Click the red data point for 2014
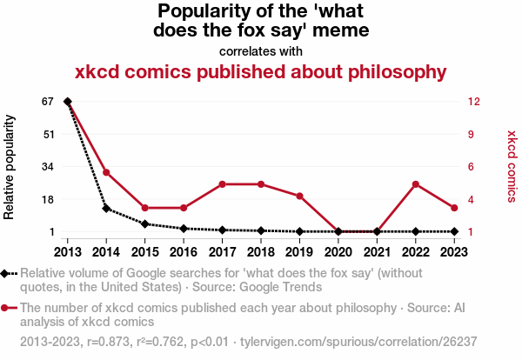pyautogui.click(x=106, y=172)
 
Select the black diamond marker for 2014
pyautogui.click(x=106, y=209)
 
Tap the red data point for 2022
pyautogui.click(x=416, y=184)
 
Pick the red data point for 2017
pyautogui.click(x=223, y=184)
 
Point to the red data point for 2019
pyautogui.click(x=300, y=197)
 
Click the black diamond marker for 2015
pyautogui.click(x=145, y=224)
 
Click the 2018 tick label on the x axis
pyautogui.click(x=261, y=251)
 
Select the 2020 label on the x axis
pyautogui.click(x=338, y=251)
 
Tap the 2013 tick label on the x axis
pyautogui.click(x=68, y=251)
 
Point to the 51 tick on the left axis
pyautogui.click(x=48, y=134)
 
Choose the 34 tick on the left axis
pyautogui.click(x=48, y=167)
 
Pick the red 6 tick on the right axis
pyautogui.click(x=471, y=167)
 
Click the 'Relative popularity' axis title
pyautogui.click(x=10, y=167)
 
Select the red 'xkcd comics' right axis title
pyautogui.click(x=512, y=167)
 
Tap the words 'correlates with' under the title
pyautogui.click(x=261, y=51)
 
